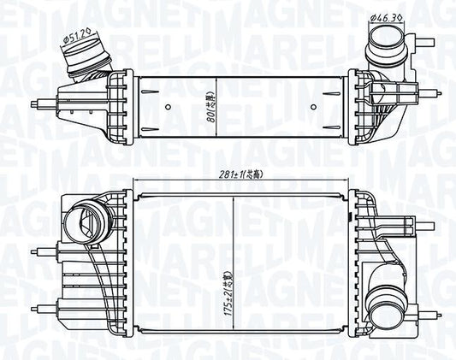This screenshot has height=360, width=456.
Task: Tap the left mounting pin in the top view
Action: coord(39,104)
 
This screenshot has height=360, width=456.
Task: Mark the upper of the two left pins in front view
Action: coord(39,251)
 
